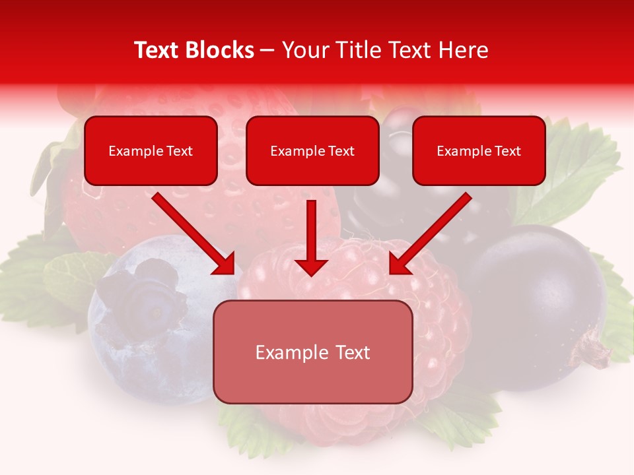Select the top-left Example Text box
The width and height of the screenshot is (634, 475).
tap(151, 151)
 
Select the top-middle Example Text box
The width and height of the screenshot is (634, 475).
tap(312, 151)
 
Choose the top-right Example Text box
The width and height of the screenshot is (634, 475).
tap(479, 151)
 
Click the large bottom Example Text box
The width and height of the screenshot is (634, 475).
tap(312, 352)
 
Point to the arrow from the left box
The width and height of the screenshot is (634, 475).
tap(193, 234)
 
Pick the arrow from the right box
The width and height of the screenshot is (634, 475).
tap(430, 234)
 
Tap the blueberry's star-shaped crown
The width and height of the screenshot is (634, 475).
tap(151, 290)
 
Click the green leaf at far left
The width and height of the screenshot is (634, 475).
tap(33, 277)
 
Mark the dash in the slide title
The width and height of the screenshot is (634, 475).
tap(267, 51)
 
